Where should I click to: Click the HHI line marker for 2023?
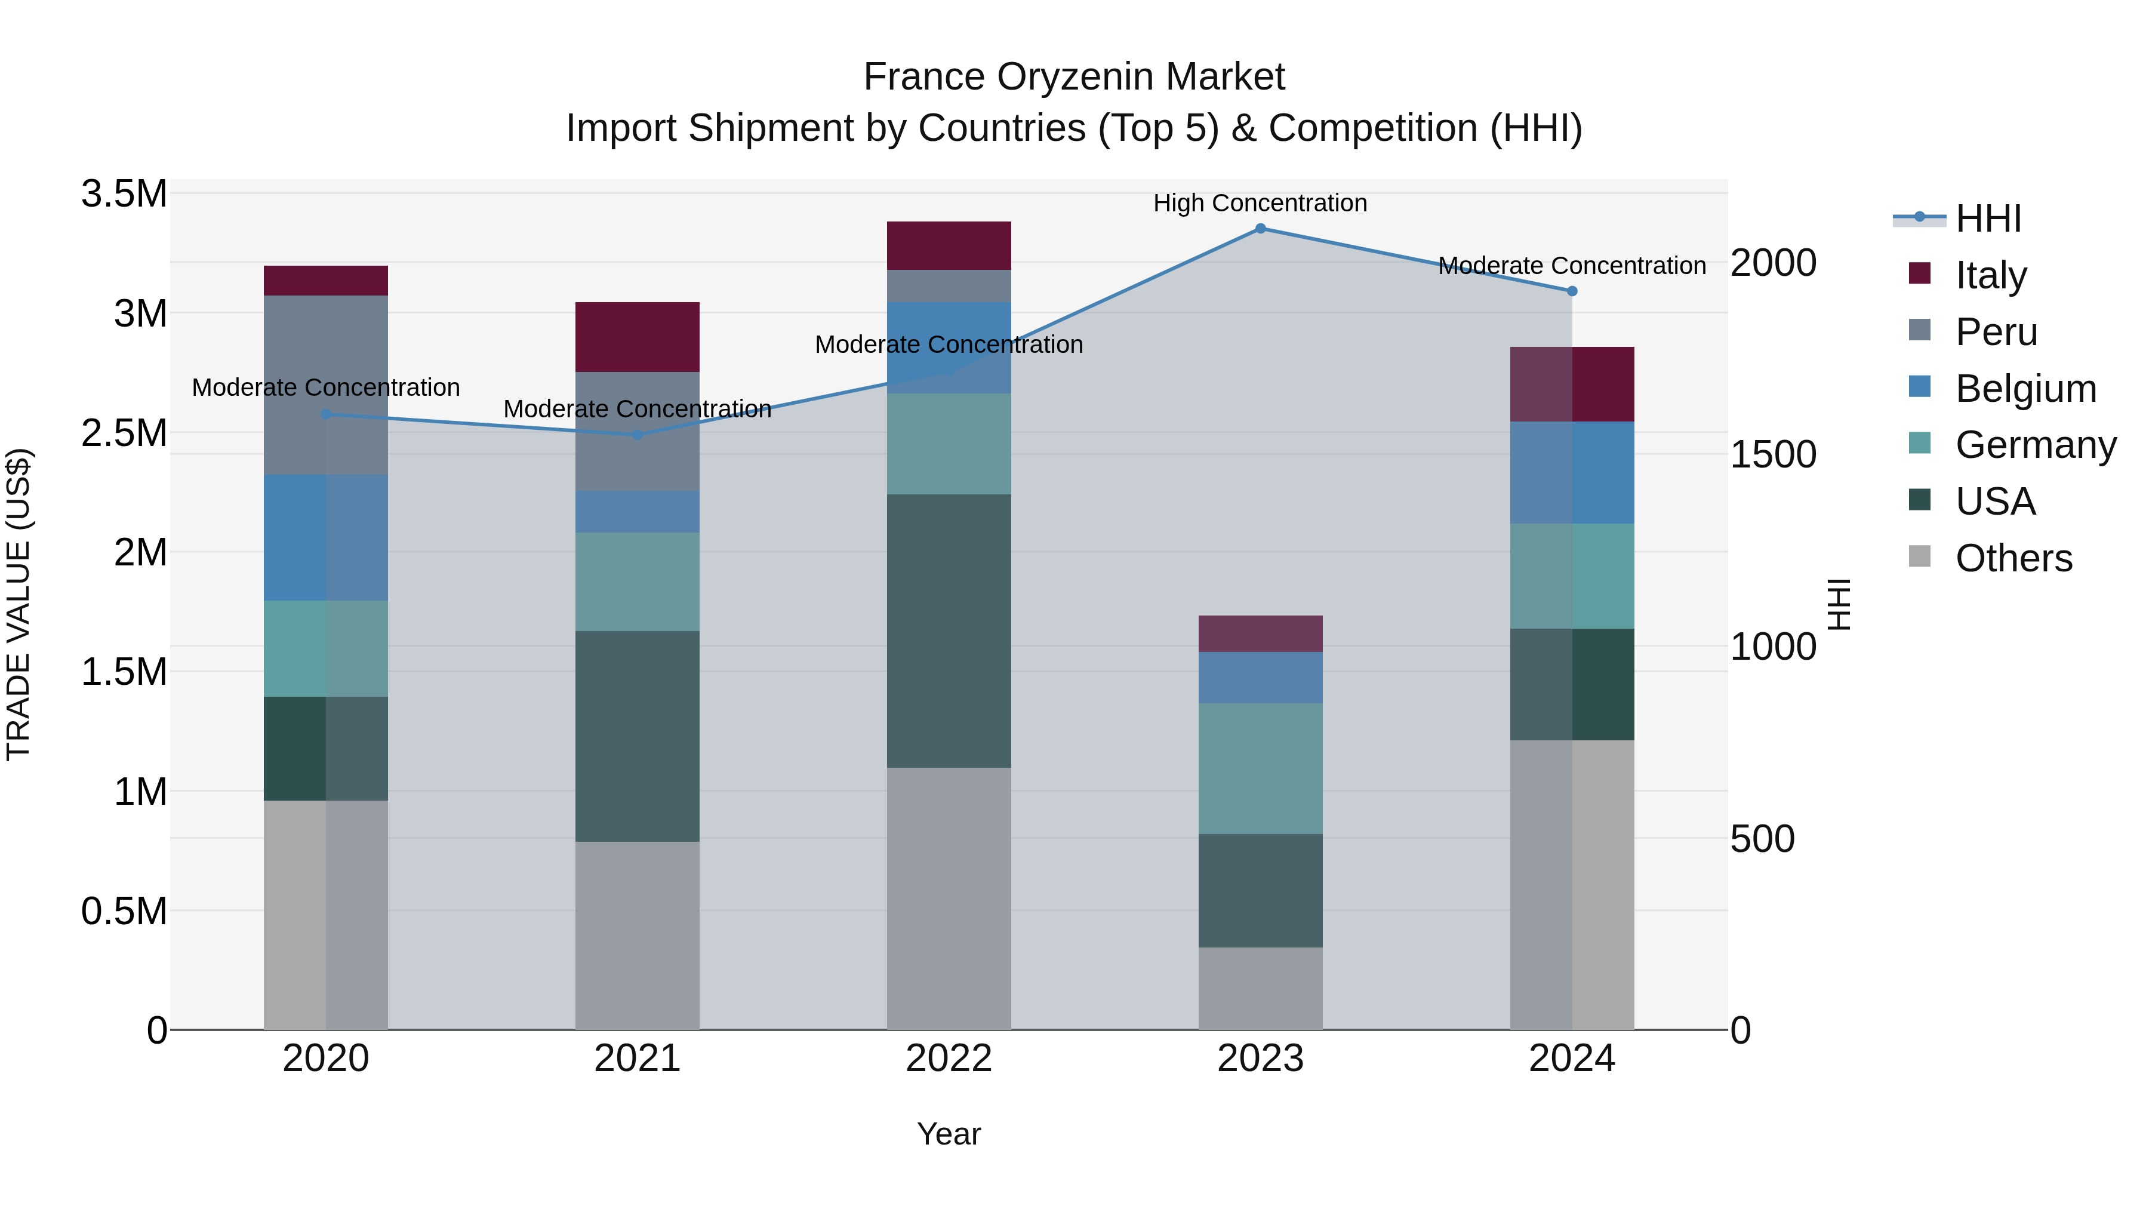pyautogui.click(x=1260, y=229)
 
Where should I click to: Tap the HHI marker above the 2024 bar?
pyautogui.click(x=1572, y=291)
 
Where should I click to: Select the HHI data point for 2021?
pyautogui.click(x=638, y=435)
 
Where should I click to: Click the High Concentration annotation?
pyautogui.click(x=1260, y=203)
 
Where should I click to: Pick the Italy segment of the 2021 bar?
pyautogui.click(x=638, y=337)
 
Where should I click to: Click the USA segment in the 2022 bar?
pyautogui.click(x=949, y=631)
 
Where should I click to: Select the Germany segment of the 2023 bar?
pyautogui.click(x=1260, y=768)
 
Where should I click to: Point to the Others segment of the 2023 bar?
pyautogui.click(x=1260, y=988)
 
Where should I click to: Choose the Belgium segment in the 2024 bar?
pyautogui.click(x=1572, y=472)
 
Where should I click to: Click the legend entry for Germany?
pyautogui.click(x=2036, y=445)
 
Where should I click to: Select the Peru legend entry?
pyautogui.click(x=1996, y=332)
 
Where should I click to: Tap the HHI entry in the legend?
pyautogui.click(x=1987, y=219)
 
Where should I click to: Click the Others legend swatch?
pyautogui.click(x=1920, y=556)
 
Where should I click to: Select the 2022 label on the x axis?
pyautogui.click(x=949, y=1059)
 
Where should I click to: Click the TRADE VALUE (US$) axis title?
pyautogui.click(x=19, y=604)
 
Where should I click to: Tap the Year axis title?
pyautogui.click(x=949, y=1134)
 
